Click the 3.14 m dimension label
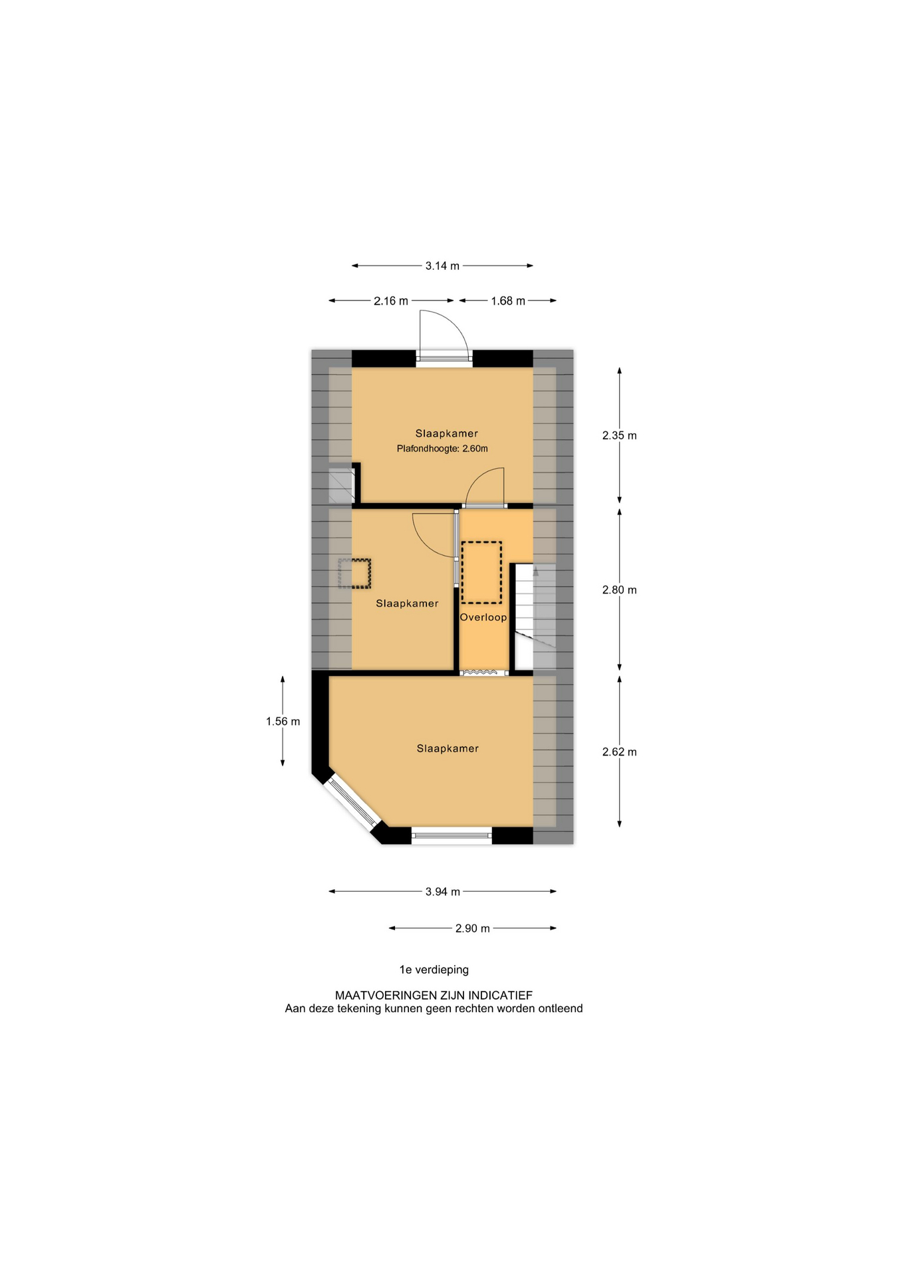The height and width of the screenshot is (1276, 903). pyautogui.click(x=442, y=266)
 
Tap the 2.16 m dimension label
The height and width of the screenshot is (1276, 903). pyautogui.click(x=391, y=301)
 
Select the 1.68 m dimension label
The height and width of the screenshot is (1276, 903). pyautogui.click(x=508, y=301)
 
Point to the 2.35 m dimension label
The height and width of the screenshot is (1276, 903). pyautogui.click(x=619, y=436)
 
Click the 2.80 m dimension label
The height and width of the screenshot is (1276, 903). pyautogui.click(x=619, y=590)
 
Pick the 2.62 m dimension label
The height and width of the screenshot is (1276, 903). pyautogui.click(x=619, y=752)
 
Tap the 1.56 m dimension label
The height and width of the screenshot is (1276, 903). pyautogui.click(x=283, y=722)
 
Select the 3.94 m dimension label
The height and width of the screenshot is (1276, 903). pyautogui.click(x=443, y=892)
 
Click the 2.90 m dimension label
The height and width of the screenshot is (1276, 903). pyautogui.click(x=473, y=928)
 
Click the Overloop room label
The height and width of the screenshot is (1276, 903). pyautogui.click(x=483, y=617)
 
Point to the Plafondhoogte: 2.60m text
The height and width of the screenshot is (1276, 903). pyautogui.click(x=442, y=449)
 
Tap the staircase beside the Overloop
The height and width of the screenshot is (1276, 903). pyautogui.click(x=535, y=617)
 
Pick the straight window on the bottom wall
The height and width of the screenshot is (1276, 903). pyautogui.click(x=451, y=835)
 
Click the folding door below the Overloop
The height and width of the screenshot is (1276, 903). pyautogui.click(x=484, y=673)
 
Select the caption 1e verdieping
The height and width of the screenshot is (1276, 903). pyautogui.click(x=434, y=970)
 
